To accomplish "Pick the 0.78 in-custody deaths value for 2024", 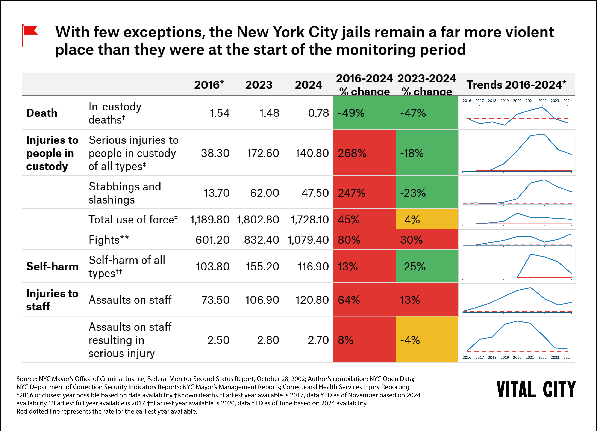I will coord(318,113).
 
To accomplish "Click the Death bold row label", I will coord(42,113).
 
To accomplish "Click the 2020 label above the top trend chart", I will coord(517,101).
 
